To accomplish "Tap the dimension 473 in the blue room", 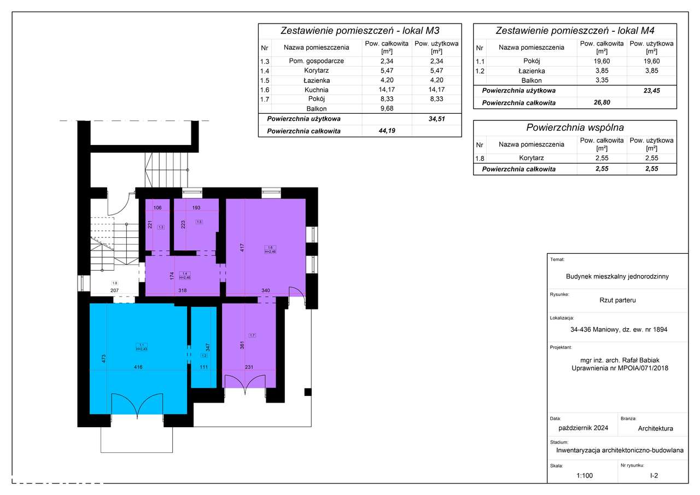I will coord(103,359).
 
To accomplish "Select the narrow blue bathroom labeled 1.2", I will coord(203,348).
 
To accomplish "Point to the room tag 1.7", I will coord(252,335).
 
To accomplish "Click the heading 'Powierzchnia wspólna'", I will coord(574,127).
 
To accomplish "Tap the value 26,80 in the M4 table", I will coord(602,103).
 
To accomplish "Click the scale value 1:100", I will coord(584,476).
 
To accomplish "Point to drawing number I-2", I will coord(654,476).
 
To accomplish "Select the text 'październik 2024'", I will coord(582,428).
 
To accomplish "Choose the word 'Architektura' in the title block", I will coord(655,428).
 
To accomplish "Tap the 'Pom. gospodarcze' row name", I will coord(316,61).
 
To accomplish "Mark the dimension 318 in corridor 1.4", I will coord(183,291).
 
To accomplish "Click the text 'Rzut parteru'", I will coord(617,300).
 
